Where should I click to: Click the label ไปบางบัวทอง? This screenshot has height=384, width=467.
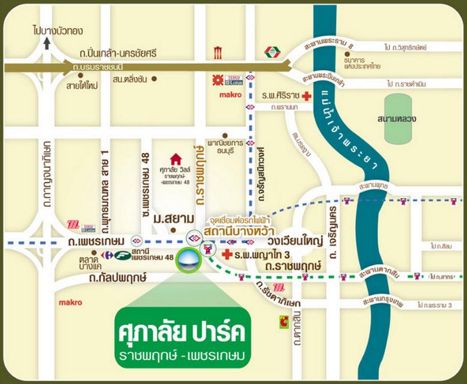pyautogui.click(x=58, y=30)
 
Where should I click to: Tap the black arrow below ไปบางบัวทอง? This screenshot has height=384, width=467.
pyautogui.click(x=48, y=43)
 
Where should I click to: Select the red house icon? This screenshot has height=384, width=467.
pyautogui.click(x=176, y=159)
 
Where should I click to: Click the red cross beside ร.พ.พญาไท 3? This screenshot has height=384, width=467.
pyautogui.click(x=227, y=255)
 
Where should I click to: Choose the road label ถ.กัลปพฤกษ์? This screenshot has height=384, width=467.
pyautogui.click(x=118, y=278)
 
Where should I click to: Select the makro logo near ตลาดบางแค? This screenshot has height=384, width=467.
pyautogui.click(x=70, y=302)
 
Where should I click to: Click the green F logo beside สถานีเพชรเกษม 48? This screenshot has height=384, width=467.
pyautogui.click(x=123, y=255)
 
